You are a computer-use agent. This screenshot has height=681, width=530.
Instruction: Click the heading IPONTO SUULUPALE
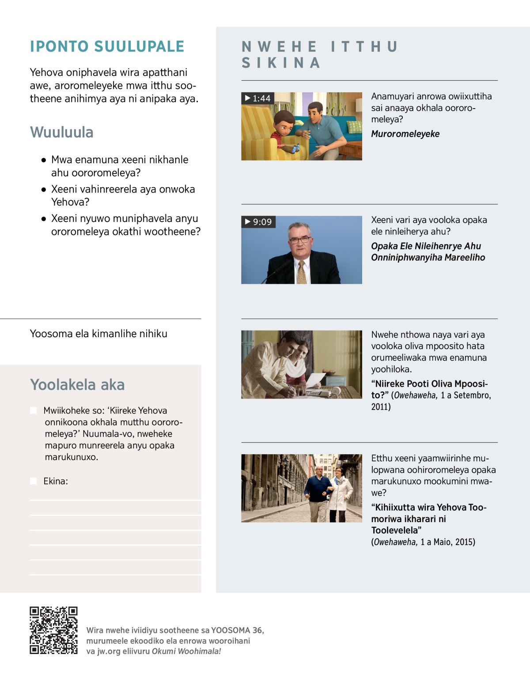click(107, 46)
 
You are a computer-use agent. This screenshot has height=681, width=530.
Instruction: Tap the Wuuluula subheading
click(62, 132)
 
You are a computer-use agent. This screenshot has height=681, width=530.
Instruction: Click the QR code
click(53, 630)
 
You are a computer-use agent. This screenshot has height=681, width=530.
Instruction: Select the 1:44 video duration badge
click(258, 98)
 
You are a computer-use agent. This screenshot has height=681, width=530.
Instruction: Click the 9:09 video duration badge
click(258, 222)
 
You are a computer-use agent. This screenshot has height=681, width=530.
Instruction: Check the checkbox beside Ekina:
click(34, 481)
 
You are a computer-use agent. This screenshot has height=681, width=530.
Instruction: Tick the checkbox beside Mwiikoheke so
click(34, 410)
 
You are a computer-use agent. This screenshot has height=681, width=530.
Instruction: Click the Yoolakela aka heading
click(77, 384)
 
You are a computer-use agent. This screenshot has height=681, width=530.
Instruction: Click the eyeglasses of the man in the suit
click(300, 240)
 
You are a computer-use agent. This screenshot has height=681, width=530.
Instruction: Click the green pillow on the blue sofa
click(354, 127)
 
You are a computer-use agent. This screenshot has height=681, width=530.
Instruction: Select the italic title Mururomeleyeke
click(405, 134)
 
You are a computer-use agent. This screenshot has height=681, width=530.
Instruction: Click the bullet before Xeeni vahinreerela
click(44, 189)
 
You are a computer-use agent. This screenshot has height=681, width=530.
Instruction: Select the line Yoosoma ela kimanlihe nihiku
click(98, 334)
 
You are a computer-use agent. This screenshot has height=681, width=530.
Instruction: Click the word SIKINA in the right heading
click(281, 63)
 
